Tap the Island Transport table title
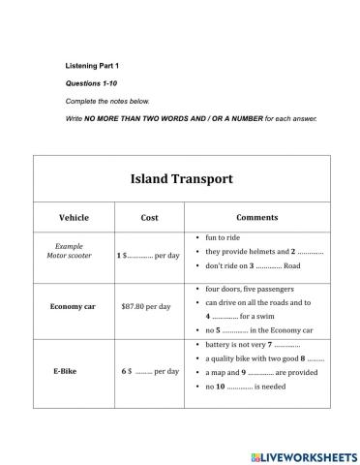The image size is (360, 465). pos(181,178)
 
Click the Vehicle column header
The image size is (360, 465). pos(74,217)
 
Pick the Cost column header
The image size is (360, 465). pos(149,217)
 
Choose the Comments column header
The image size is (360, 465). pos(256,217)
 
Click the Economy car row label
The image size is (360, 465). pos(74,306)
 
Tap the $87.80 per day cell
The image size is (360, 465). pos(146,306)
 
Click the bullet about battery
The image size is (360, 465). pos(252,345)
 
